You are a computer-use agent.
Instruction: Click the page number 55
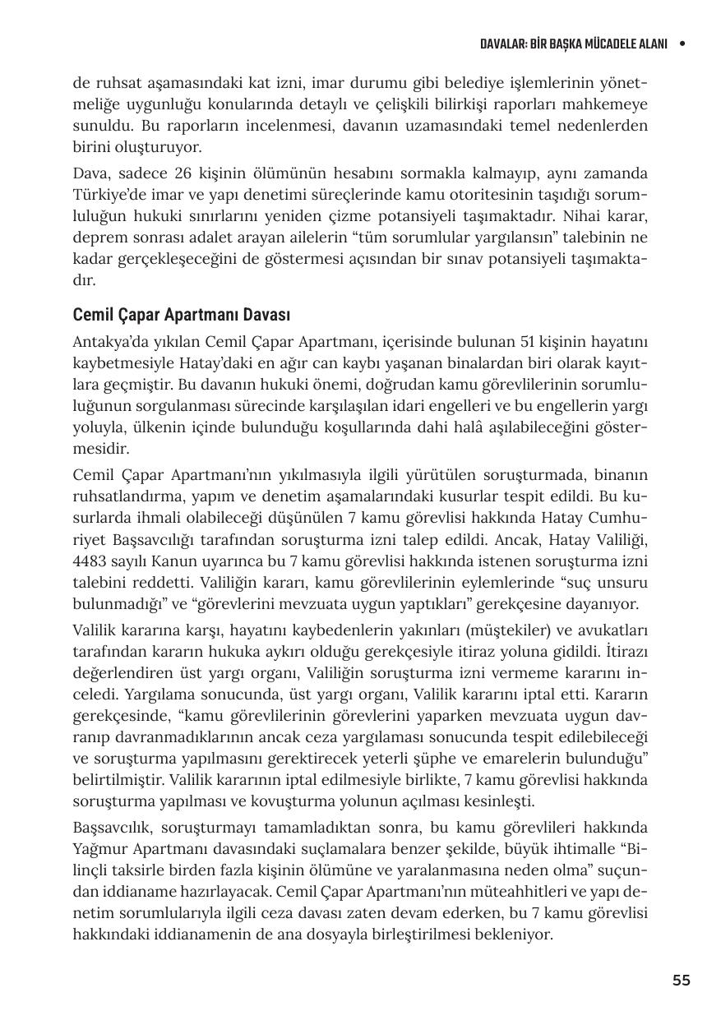(681, 981)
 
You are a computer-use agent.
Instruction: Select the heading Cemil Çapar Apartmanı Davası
(182, 315)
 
